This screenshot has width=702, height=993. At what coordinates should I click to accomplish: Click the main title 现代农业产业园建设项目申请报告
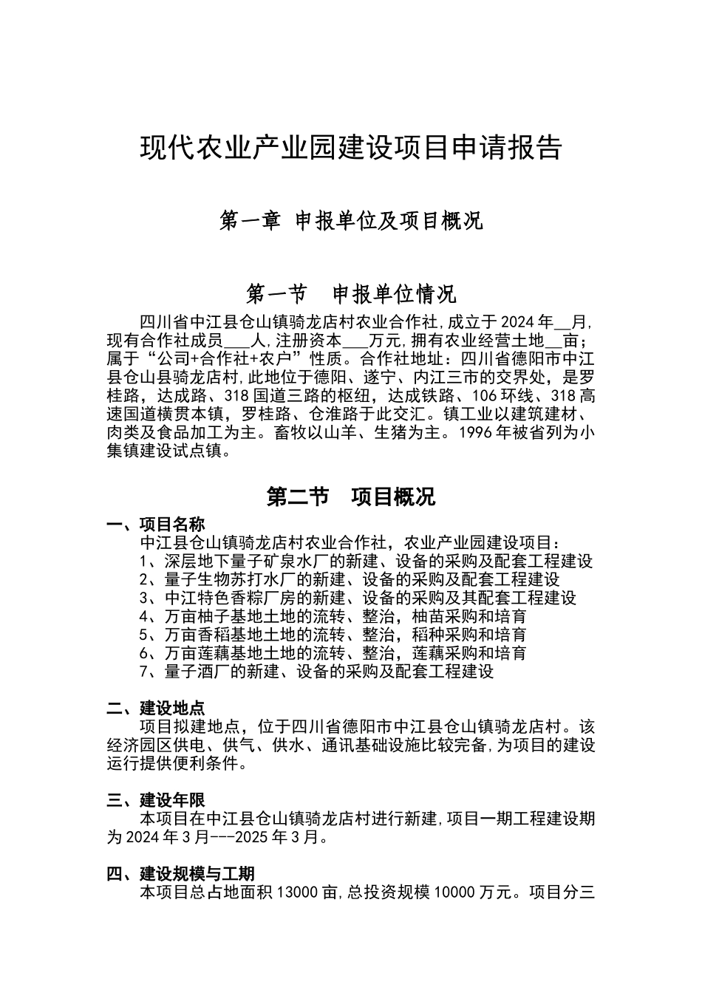(x=351, y=148)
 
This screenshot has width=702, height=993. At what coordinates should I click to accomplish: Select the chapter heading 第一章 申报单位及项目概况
(x=351, y=220)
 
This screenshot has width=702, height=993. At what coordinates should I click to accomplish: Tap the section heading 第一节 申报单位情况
(x=351, y=294)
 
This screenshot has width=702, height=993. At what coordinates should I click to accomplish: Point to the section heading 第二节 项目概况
(x=351, y=496)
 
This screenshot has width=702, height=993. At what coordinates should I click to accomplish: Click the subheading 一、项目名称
(x=156, y=525)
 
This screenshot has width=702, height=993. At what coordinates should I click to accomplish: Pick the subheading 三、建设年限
(x=156, y=800)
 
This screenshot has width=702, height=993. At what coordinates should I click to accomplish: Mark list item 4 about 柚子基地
(x=333, y=616)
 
